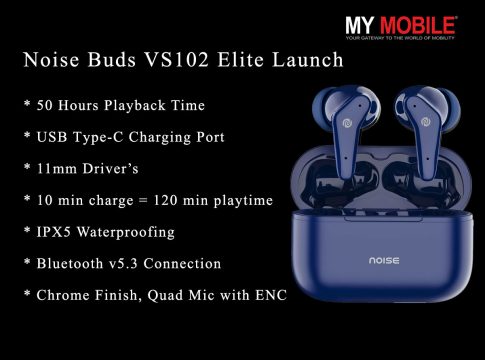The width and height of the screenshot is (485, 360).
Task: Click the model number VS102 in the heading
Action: pos(177,60)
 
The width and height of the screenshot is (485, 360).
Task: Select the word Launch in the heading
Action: pos(308,60)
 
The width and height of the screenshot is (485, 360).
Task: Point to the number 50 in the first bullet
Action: pos(45,106)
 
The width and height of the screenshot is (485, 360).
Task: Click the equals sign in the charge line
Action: pos(143,201)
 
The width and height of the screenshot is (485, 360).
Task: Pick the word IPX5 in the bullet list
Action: pos(54,232)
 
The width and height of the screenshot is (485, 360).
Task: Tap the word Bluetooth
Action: pos(70,264)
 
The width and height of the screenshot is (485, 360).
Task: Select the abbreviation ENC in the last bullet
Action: pos(271,295)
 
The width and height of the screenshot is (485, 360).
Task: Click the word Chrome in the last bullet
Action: pos(63,295)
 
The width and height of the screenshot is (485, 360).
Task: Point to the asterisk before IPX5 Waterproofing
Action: pos(27,230)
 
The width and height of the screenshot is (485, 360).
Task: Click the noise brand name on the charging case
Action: pos(384,260)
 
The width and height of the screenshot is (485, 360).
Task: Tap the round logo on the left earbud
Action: pos(347,122)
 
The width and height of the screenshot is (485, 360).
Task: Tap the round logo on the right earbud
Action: pos(425,122)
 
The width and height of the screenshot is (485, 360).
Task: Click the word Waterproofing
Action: pos(126,232)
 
